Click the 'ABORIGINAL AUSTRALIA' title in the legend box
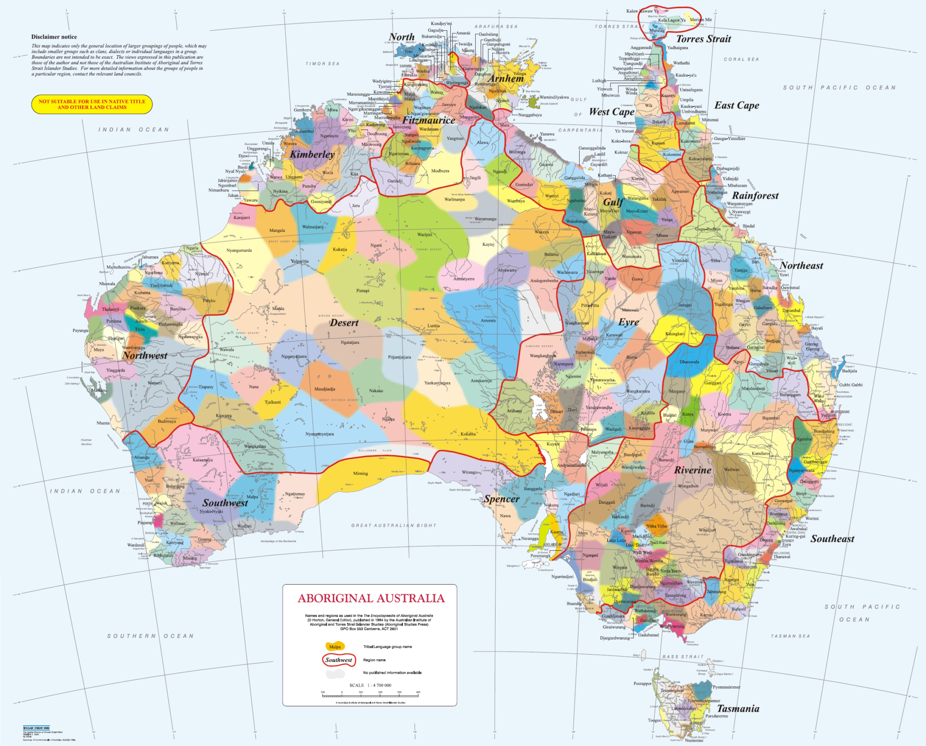point(371,598)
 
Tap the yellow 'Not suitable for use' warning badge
point(92,104)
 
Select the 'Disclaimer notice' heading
point(54,37)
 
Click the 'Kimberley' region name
point(312,154)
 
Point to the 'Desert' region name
point(344,323)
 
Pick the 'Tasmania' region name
point(738,708)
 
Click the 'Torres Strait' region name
point(703,39)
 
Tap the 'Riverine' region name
point(693,470)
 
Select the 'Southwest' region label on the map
point(225,503)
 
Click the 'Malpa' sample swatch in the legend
point(335,647)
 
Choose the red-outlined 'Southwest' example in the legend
point(339,660)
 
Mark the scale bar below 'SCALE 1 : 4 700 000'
point(370,695)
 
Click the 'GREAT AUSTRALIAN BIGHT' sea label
point(393,525)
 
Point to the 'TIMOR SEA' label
point(322,64)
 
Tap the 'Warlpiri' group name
point(425,235)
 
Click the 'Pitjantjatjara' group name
point(399,357)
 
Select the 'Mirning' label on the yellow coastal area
point(360,474)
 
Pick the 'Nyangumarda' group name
point(239,250)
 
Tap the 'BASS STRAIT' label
point(683,657)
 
